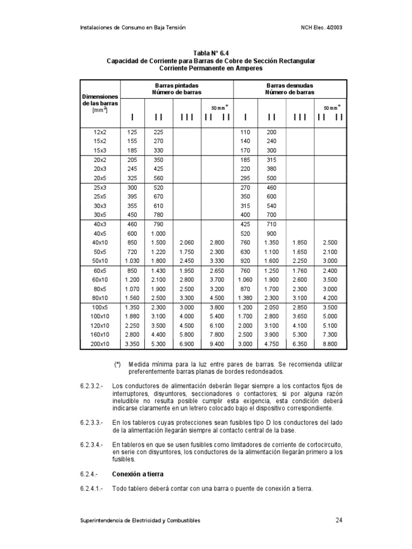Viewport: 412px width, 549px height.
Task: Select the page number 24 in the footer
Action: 339,520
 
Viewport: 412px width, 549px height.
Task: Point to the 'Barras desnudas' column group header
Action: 290,85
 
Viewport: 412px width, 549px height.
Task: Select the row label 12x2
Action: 100,131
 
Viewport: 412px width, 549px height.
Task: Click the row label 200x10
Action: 100,344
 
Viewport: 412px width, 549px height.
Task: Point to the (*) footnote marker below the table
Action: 117,364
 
